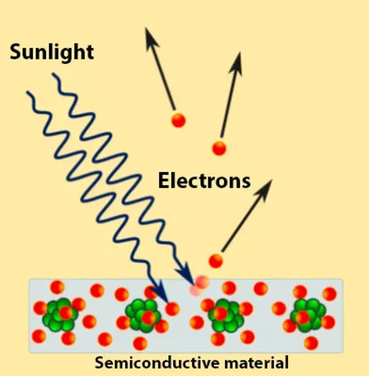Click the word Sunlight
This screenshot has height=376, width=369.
tap(51, 52)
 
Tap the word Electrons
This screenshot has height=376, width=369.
tap(204, 181)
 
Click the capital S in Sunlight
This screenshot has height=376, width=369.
tap(15, 52)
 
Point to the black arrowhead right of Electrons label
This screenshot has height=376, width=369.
tap(267, 184)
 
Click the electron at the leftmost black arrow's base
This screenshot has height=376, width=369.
tap(178, 120)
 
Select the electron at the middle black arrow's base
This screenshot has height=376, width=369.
tap(219, 148)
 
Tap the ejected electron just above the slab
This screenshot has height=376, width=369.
tap(215, 261)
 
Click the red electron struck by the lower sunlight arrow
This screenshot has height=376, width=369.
tap(172, 309)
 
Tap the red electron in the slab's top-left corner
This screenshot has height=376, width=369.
tap(57, 287)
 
